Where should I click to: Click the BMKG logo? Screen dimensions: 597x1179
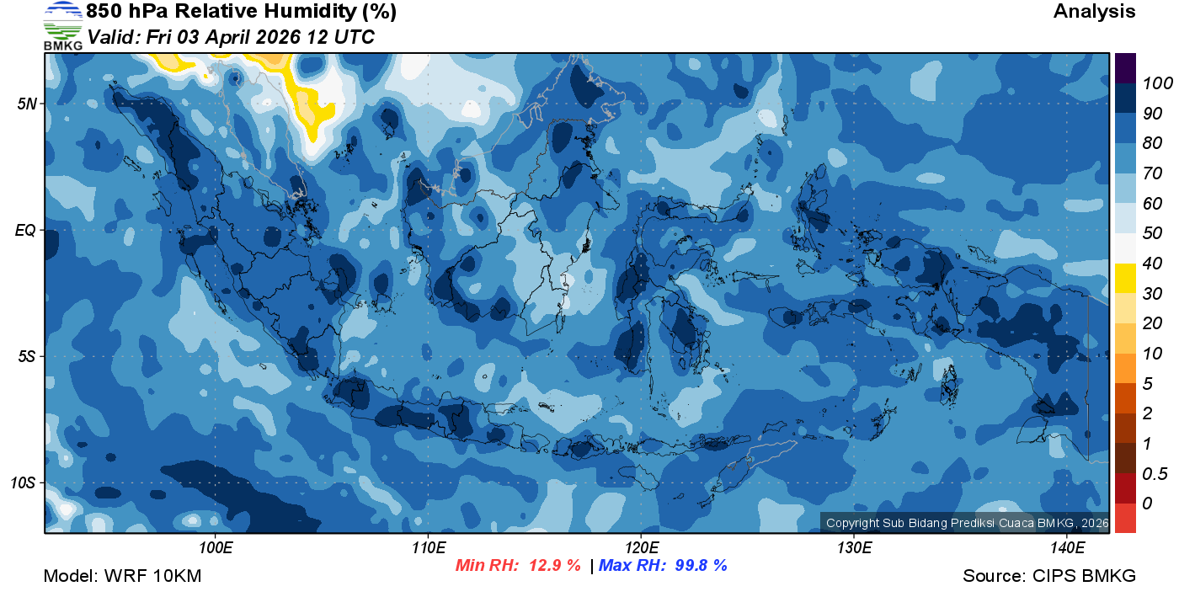click(x=63, y=25)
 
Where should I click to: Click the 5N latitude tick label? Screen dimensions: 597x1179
click(x=27, y=104)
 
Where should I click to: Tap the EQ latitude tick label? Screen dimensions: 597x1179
click(x=25, y=230)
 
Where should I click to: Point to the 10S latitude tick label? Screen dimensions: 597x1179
click(x=23, y=483)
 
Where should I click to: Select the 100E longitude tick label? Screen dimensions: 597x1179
click(x=216, y=548)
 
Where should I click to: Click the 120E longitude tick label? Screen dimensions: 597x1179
click(x=641, y=548)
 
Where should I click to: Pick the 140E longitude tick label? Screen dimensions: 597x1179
click(x=1067, y=548)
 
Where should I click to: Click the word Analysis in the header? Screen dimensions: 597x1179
click(x=1094, y=12)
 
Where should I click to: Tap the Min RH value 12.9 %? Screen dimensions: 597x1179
click(x=554, y=566)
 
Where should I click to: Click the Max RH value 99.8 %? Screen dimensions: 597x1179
click(x=701, y=566)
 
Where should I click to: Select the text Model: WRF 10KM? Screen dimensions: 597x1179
click(x=122, y=577)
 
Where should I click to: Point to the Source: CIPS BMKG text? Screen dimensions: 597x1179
click(x=1049, y=577)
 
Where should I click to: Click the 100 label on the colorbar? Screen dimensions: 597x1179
click(x=1152, y=83)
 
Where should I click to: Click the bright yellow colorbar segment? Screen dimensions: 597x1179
click(x=1125, y=279)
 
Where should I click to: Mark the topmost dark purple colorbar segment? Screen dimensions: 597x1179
click(x=1125, y=68)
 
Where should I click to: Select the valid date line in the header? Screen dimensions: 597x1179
click(x=231, y=37)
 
